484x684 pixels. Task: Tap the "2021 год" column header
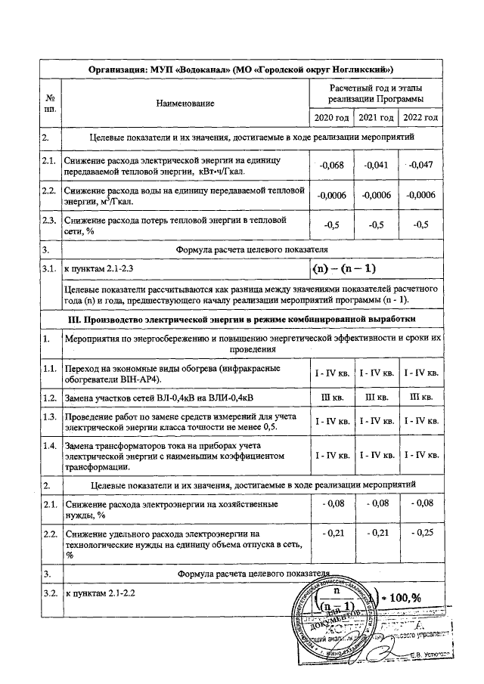pyautogui.click(x=376, y=118)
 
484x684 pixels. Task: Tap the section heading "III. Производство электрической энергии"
pyautogui.click(x=241, y=320)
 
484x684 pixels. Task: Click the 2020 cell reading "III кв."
pyautogui.click(x=333, y=397)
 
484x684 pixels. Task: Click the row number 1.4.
pyautogui.click(x=50, y=445)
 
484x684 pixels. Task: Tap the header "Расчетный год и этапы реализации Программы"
pyautogui.click(x=376, y=94)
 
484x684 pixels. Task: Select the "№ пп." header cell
pyautogui.click(x=50, y=103)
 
